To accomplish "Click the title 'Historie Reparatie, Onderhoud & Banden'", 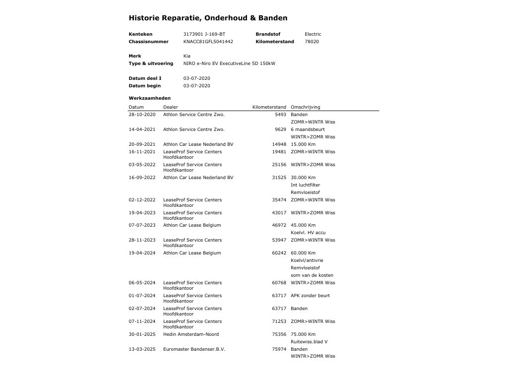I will coord(208,18).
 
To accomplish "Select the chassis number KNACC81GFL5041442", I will coord(208,42).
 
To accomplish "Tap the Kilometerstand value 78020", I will coord(312,42).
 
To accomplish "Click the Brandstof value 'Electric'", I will coord(313,34).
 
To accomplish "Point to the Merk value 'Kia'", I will coord(187,56).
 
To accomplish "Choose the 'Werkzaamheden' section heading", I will coord(149,98).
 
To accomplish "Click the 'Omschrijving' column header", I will coord(305,107).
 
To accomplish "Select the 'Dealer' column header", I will coord(170,107).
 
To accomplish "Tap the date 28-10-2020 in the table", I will coord(142,115).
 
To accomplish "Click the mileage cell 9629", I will coord(280,129).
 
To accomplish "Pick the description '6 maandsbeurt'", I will coord(308,129).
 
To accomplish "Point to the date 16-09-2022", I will coord(142,178).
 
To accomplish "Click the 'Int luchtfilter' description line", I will coord(305,185).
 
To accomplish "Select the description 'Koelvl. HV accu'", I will coord(308,233).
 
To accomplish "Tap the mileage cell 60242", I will coord(279,253).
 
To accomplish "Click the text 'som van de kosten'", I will coord(312,275).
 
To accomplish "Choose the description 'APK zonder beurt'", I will coord(310,296).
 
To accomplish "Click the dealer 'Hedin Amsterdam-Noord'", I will coord(191,334).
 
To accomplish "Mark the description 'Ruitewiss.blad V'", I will coord(309,342).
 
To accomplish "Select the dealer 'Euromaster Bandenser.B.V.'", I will coord(194,349).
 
